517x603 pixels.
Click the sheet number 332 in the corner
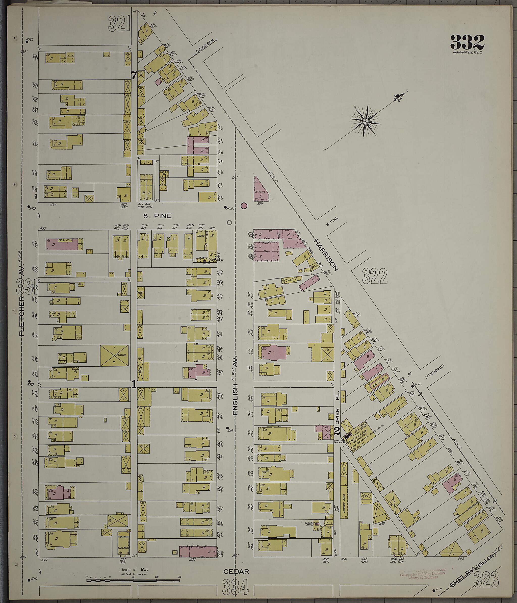(x=467, y=42)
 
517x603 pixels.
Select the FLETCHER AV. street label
(x=22, y=300)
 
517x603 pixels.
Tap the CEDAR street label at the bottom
(x=236, y=572)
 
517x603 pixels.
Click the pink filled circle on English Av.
(x=244, y=206)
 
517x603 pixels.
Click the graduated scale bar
(x=133, y=581)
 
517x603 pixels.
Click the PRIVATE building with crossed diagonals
(x=115, y=356)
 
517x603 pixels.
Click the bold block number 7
(x=134, y=76)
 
